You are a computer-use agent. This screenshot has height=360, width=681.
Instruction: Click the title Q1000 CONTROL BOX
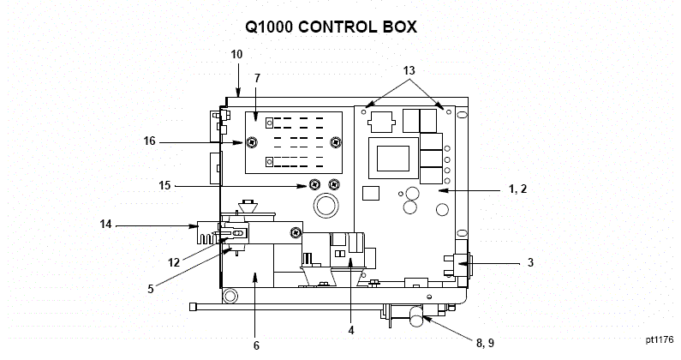(x=331, y=27)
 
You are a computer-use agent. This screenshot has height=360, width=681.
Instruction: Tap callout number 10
(x=237, y=54)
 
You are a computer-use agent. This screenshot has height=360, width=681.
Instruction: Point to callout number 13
(x=409, y=69)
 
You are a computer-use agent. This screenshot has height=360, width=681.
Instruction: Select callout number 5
(x=150, y=289)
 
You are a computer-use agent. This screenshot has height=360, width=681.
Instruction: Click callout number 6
(x=255, y=345)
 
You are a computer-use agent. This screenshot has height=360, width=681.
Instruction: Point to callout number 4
(x=350, y=329)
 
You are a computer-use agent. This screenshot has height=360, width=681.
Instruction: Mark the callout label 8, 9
(x=485, y=343)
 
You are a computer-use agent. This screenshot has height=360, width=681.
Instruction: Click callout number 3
(x=530, y=263)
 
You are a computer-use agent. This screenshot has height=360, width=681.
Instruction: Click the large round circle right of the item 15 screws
(x=326, y=206)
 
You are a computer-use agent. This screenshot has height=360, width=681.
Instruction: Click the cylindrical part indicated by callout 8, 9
(x=417, y=321)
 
